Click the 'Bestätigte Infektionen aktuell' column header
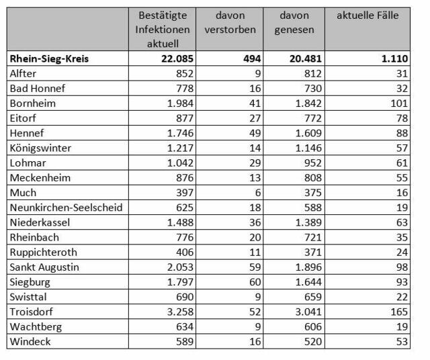pyautogui.click(x=163, y=30)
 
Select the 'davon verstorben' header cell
pyautogui.click(x=230, y=22)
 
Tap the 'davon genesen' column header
pyautogui.click(x=294, y=23)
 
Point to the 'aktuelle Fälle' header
pyautogui.click(x=368, y=15)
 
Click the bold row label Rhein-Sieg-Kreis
pyautogui.click(x=49, y=58)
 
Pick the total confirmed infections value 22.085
pyautogui.click(x=177, y=58)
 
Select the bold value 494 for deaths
pyautogui.click(x=252, y=58)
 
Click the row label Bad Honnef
pyautogui.click(x=38, y=88)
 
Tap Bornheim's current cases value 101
pyautogui.click(x=399, y=103)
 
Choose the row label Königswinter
pyautogui.click(x=40, y=148)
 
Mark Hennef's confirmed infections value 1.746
pyautogui.click(x=180, y=133)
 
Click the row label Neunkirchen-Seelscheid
pyautogui.click(x=66, y=208)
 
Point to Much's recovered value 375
pyautogui.click(x=313, y=193)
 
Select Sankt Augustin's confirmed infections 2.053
pyautogui.click(x=180, y=267)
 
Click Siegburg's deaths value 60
pyautogui.click(x=255, y=282)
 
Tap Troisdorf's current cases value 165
pyautogui.click(x=399, y=312)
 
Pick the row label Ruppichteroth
pyautogui.click(x=43, y=253)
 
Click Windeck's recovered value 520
pyautogui.click(x=313, y=342)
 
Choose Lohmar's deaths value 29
pyautogui.click(x=255, y=163)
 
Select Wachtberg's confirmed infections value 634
pyautogui.click(x=185, y=326)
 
